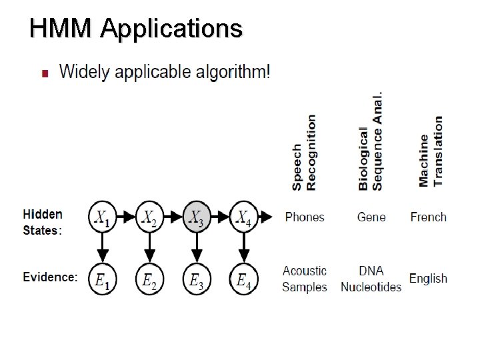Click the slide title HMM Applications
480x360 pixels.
click(x=136, y=29)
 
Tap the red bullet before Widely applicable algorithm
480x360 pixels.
click(x=45, y=73)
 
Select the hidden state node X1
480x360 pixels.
click(x=103, y=217)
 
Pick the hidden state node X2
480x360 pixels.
click(x=149, y=217)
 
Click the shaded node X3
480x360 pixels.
click(x=196, y=217)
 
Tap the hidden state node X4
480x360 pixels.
click(x=243, y=217)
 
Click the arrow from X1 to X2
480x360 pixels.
click(x=126, y=217)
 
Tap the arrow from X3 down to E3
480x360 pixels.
click(x=196, y=247)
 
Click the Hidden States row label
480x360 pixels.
click(x=43, y=222)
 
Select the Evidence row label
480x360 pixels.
click(x=50, y=277)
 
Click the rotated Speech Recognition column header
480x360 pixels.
click(x=304, y=153)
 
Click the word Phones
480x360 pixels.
click(x=305, y=217)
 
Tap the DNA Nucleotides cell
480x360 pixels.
click(x=371, y=279)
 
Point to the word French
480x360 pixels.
click(x=428, y=217)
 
